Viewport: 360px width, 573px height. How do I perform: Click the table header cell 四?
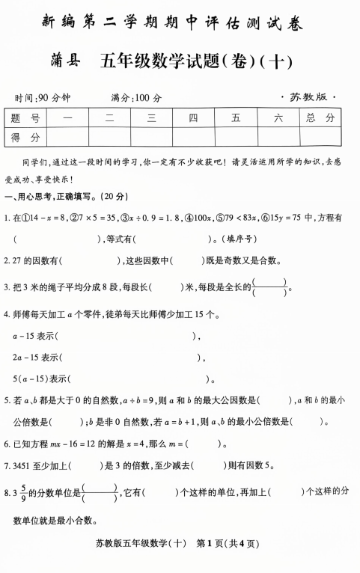[193, 117]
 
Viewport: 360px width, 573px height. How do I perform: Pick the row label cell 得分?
[25, 137]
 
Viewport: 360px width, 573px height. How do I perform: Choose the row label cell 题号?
[25, 117]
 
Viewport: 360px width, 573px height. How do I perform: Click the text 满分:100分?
[136, 98]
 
